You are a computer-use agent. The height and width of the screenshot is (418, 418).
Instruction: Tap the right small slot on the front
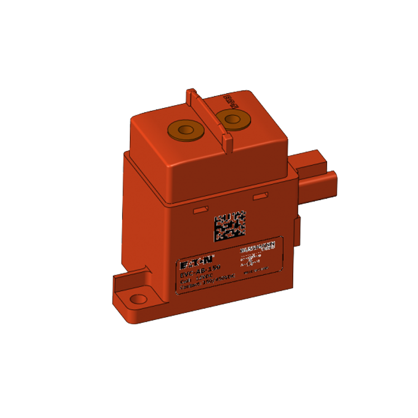click(260, 197)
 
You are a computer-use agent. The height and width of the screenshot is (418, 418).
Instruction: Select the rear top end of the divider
click(191, 91)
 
